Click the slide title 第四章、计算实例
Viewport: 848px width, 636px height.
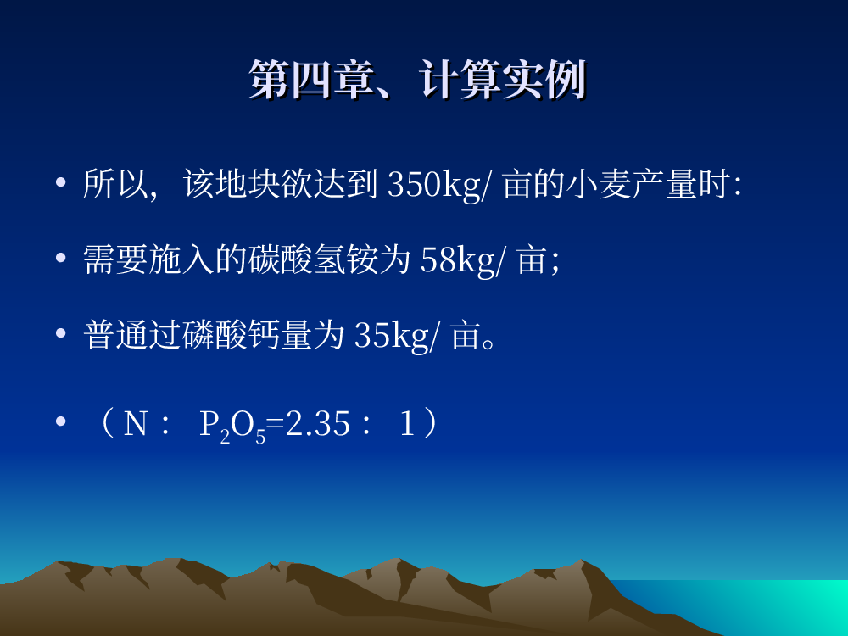click(x=417, y=80)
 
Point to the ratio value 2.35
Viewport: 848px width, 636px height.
click(x=317, y=423)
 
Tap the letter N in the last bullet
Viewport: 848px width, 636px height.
click(x=135, y=423)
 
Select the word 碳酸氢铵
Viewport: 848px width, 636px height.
click(x=313, y=260)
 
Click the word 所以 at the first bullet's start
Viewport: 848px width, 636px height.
click(x=115, y=184)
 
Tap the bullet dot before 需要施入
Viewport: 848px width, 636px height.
click(x=60, y=258)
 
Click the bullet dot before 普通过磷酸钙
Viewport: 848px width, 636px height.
click(x=60, y=333)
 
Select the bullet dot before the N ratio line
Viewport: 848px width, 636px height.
click(x=60, y=421)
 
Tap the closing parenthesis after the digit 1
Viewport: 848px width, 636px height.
click(x=431, y=423)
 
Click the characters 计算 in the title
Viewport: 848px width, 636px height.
click(x=460, y=80)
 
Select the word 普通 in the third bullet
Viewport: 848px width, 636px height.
click(x=115, y=335)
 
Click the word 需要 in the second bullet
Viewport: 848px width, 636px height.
click(x=115, y=260)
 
